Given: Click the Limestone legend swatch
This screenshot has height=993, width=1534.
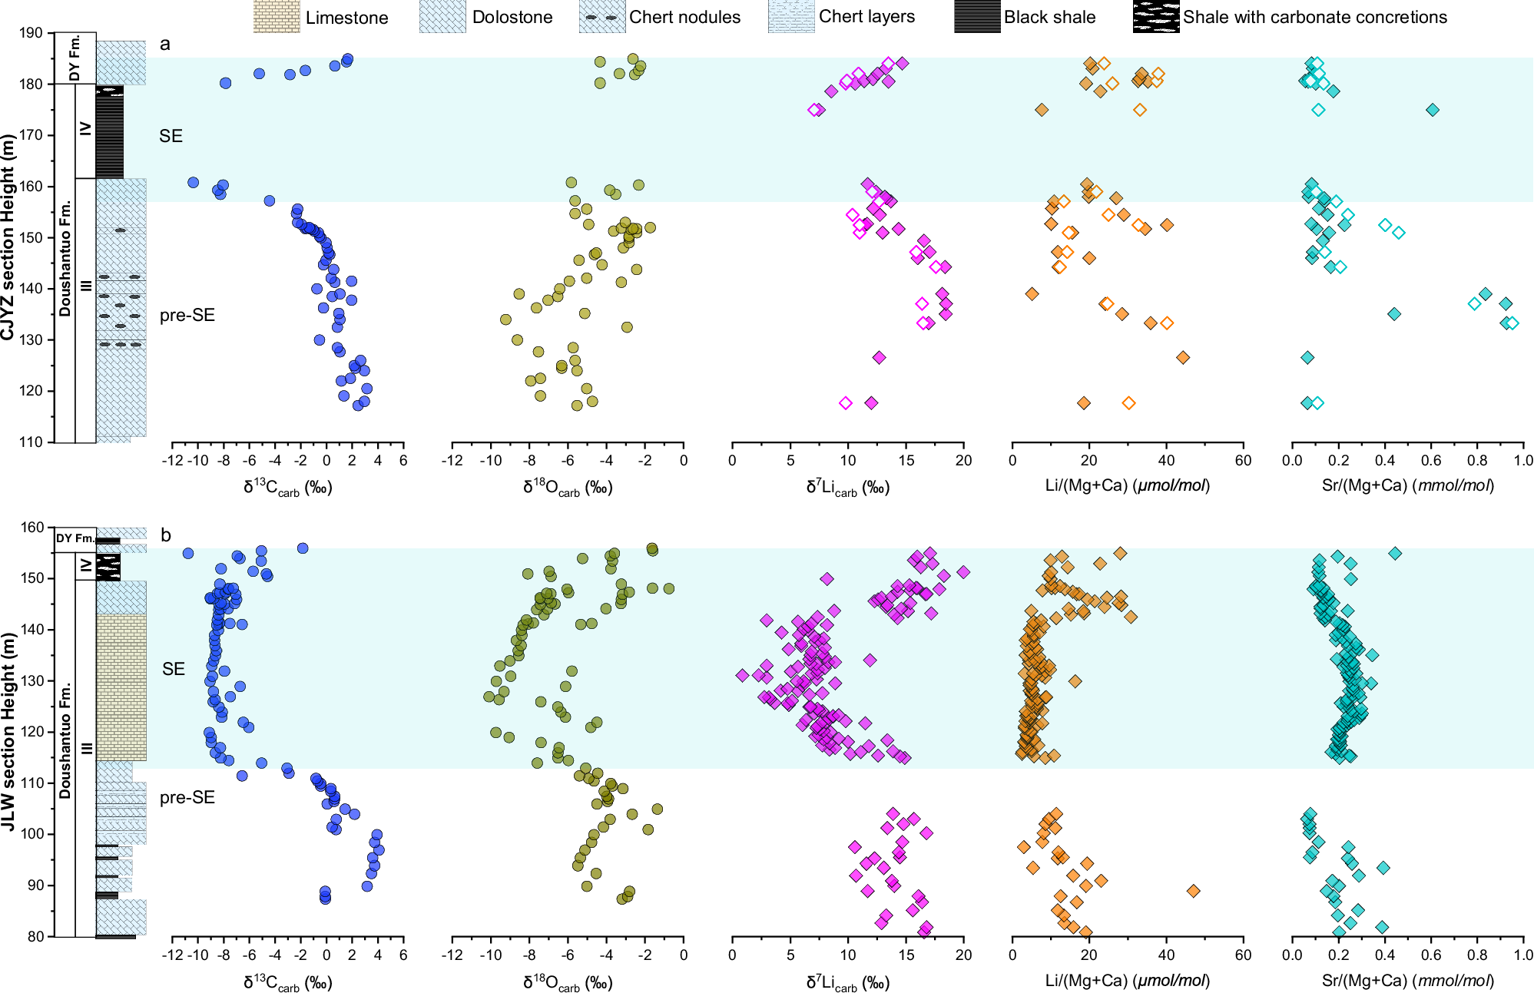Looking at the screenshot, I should (277, 17).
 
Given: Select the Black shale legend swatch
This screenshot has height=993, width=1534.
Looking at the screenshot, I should (977, 17).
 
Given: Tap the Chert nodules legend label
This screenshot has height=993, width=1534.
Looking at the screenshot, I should (684, 17).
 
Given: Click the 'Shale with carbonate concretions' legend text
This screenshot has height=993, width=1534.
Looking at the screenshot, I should (1314, 17).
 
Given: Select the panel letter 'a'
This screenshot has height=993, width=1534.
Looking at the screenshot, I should (164, 45).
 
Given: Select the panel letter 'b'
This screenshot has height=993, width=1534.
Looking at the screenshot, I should (165, 535).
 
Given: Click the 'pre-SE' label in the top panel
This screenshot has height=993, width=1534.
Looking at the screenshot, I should (187, 316).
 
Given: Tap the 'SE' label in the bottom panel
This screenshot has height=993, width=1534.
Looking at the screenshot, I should (174, 669).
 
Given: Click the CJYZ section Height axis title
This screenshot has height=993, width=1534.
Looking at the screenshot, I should (8, 237).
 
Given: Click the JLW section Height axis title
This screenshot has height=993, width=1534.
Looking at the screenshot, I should (8, 731).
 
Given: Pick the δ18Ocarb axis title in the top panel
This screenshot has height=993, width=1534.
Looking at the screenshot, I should (568, 487).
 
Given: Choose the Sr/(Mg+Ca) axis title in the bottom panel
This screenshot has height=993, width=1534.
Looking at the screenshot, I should (1407, 981).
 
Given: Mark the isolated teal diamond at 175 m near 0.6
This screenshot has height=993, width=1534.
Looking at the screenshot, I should (1433, 110).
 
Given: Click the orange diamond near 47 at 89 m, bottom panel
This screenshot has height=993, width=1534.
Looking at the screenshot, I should (1193, 891).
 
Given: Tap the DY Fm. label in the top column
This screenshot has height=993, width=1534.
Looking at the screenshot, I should (75, 58).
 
